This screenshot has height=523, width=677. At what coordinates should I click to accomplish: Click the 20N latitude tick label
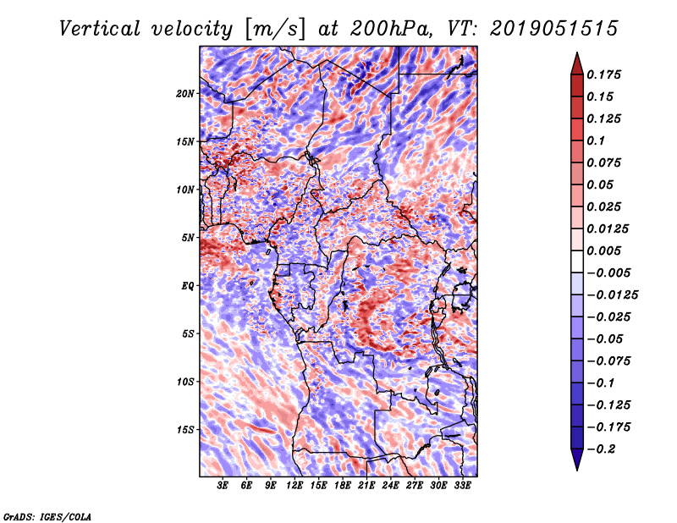pos(185,93)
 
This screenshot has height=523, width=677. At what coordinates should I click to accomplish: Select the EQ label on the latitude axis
pos(188,286)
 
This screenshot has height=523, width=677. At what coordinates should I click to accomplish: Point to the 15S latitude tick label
pos(185,430)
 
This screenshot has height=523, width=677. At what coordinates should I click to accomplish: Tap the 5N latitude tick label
pos(188,238)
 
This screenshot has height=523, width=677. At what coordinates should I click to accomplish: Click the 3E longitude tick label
pos(223,486)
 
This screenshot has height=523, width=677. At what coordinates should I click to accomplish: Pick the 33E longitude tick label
pos(464,486)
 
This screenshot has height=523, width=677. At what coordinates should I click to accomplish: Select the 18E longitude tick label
pos(344,486)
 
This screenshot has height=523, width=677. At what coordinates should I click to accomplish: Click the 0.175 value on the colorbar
pos(607,74)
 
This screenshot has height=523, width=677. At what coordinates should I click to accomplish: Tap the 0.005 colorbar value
pos(607,250)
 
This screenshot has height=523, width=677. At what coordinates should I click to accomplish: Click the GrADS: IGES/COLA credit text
pos(47,515)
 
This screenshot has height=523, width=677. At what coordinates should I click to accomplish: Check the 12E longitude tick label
pos(295,486)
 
